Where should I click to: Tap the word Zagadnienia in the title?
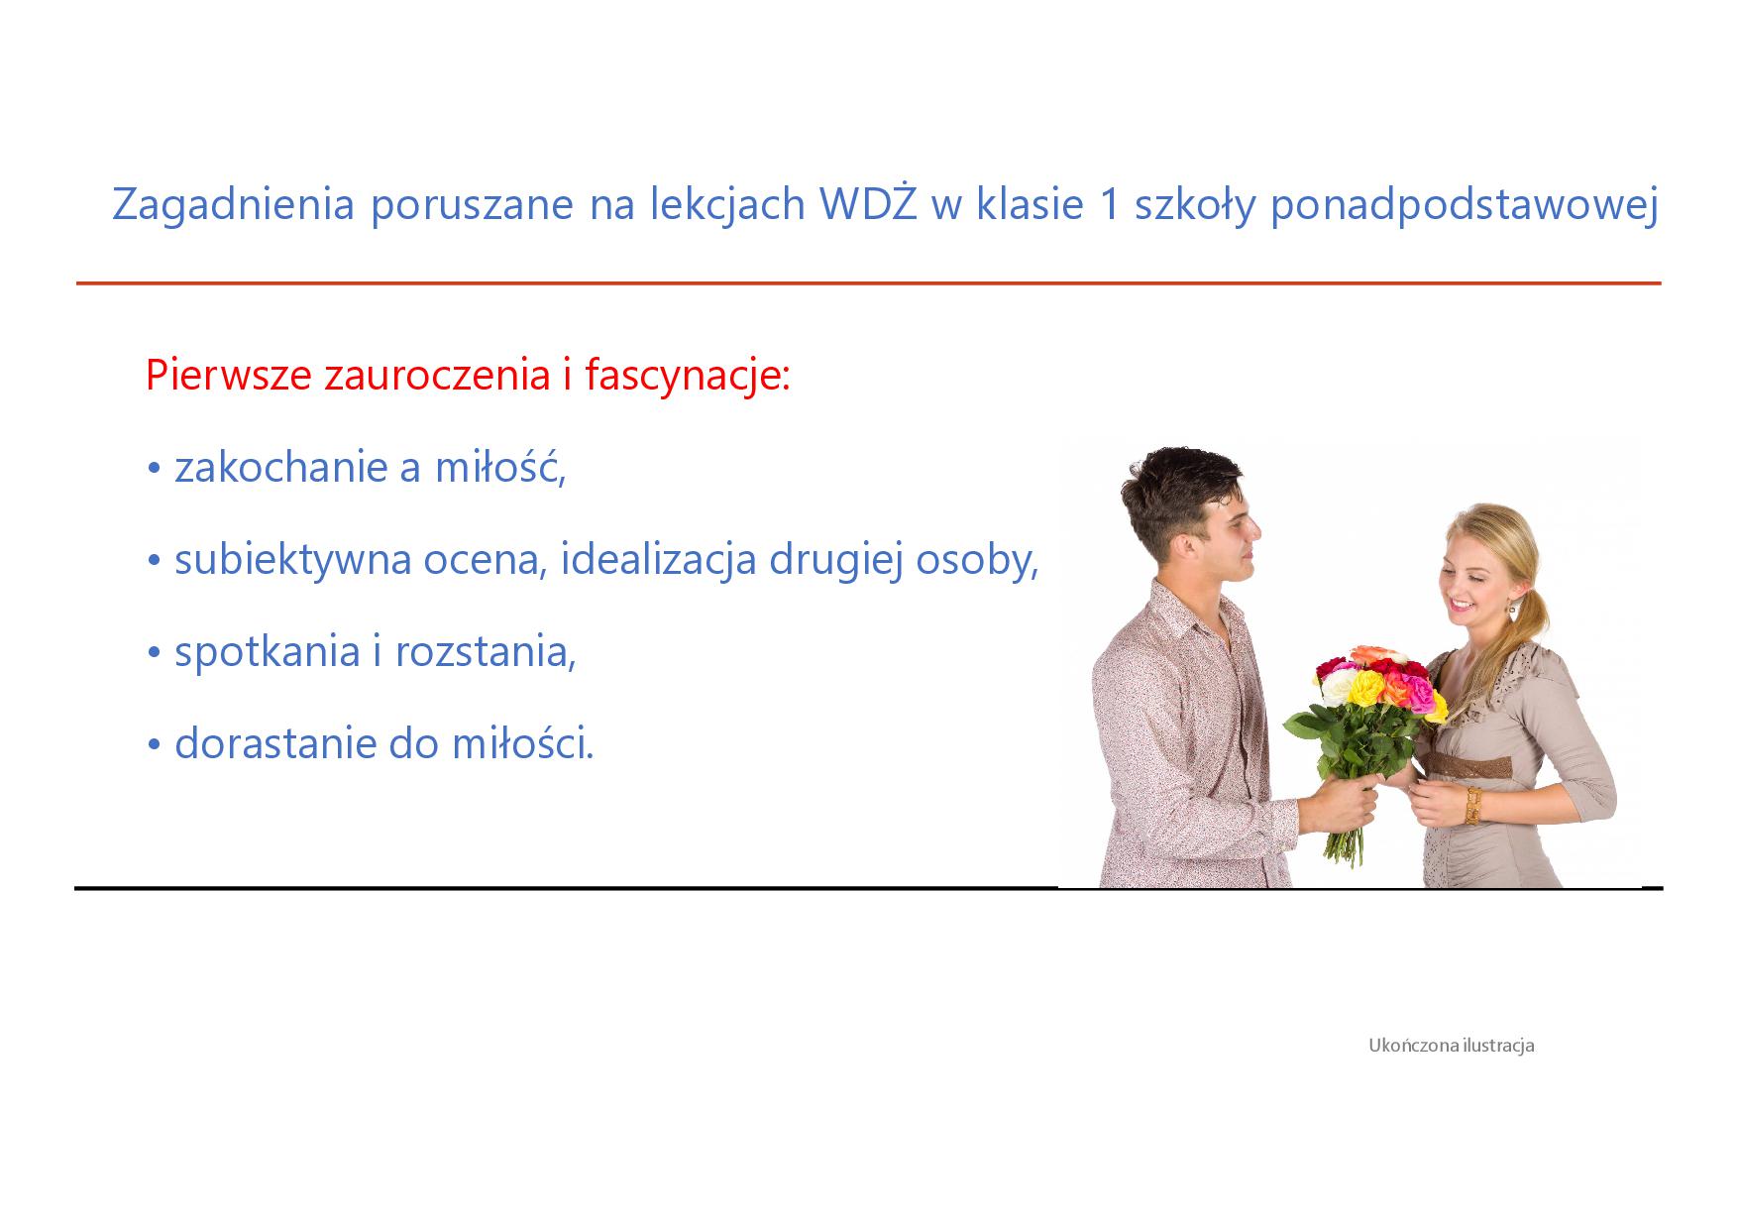point(234,206)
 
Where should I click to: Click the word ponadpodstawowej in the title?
point(1464,206)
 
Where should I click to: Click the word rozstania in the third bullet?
point(486,652)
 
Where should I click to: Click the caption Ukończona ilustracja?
point(1452,1046)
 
